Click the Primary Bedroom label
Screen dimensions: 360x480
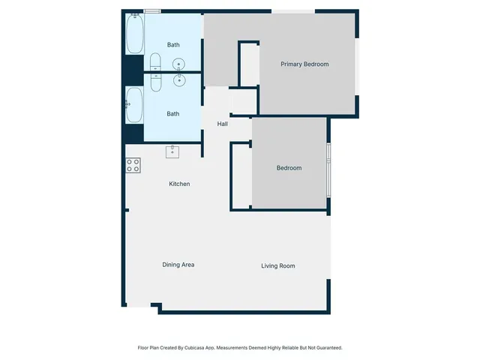(304, 64)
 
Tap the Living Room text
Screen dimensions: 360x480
(277, 266)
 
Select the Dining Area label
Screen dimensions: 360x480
(178, 265)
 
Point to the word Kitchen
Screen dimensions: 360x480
(179, 184)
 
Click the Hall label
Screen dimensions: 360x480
(223, 124)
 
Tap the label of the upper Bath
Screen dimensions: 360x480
(173, 45)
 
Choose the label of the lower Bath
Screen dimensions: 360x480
(173, 114)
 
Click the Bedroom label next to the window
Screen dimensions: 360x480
(289, 168)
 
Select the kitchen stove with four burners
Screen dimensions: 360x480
(133, 166)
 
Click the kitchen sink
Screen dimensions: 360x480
(172, 151)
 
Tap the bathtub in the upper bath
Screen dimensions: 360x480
(134, 34)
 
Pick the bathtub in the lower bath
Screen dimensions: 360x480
(134, 105)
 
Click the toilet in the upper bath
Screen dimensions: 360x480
(156, 61)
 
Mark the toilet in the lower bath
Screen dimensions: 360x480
(156, 81)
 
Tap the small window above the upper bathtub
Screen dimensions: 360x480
(152, 11)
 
